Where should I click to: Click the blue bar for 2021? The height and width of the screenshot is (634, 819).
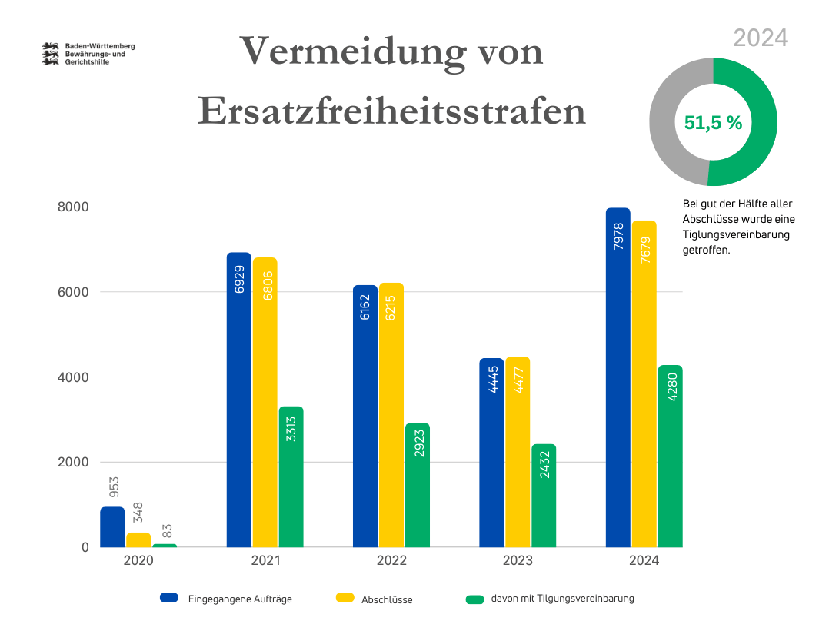[x=239, y=400]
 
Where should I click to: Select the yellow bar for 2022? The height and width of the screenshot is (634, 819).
[x=391, y=415]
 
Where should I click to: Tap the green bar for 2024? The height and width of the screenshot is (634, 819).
[x=670, y=456]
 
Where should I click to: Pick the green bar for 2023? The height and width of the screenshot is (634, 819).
[x=544, y=496]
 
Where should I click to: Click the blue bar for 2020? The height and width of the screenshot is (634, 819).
[x=112, y=527]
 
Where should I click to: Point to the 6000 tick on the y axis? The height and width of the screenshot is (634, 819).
[x=73, y=293]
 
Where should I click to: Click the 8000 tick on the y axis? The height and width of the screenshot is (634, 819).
[x=73, y=207]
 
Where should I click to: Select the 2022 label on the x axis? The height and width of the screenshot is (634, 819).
[x=391, y=561]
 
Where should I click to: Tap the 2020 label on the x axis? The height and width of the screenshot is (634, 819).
[x=138, y=561]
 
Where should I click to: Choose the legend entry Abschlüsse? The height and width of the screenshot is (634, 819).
[x=387, y=599]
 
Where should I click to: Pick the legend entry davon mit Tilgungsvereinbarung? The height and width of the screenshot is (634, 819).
[x=562, y=599]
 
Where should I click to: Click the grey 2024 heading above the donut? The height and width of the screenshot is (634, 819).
[x=760, y=38]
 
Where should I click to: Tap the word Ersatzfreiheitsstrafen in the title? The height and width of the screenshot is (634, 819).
[x=391, y=112]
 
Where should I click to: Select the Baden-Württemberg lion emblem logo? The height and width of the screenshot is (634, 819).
[x=52, y=54]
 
